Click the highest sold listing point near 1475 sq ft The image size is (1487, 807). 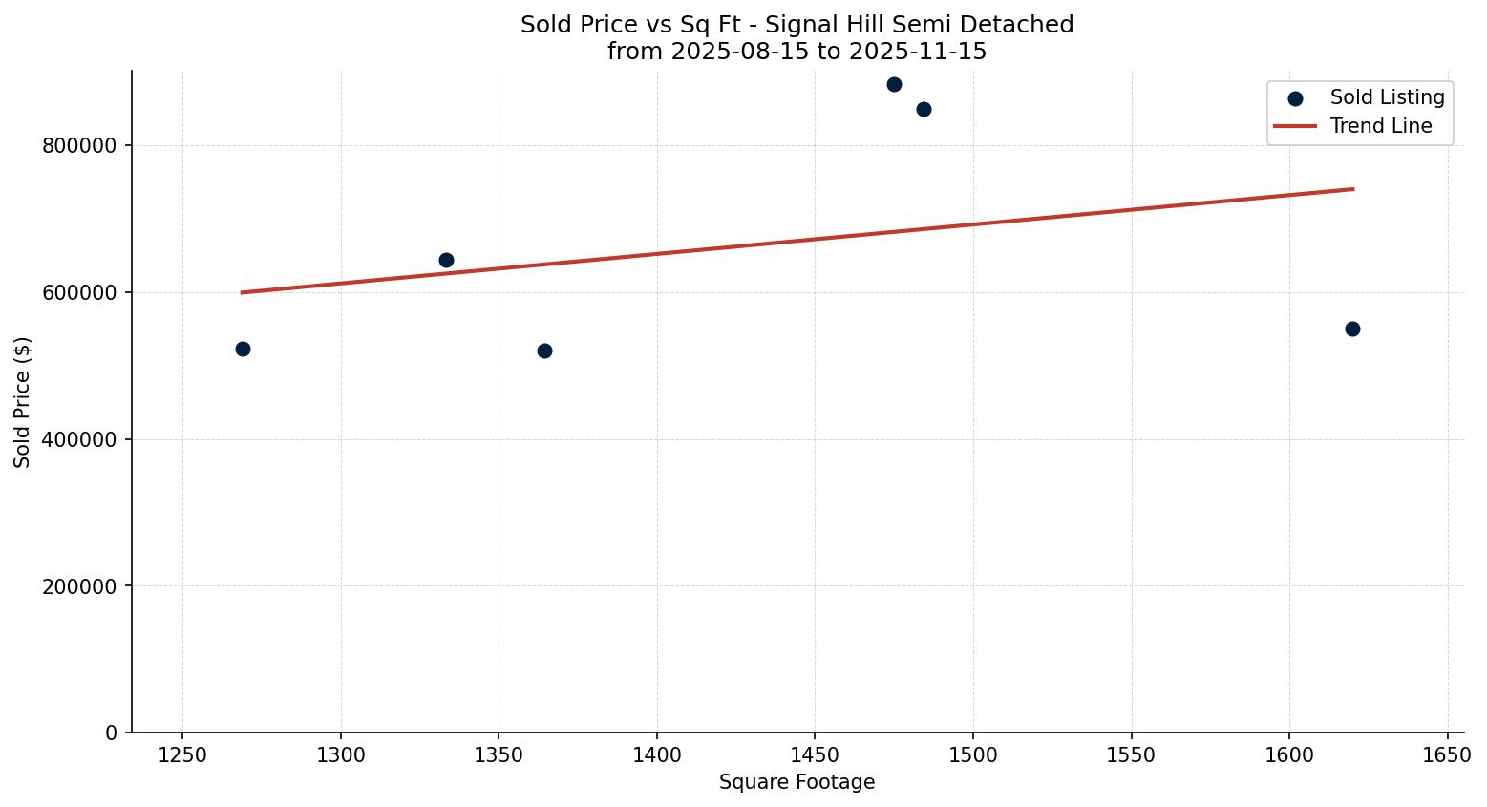(x=894, y=84)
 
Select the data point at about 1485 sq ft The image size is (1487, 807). (x=924, y=109)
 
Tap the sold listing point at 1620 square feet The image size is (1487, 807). (x=1352, y=329)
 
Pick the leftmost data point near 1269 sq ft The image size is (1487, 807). (x=243, y=349)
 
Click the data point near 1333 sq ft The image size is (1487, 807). (x=446, y=260)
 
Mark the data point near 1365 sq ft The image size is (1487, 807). (x=544, y=350)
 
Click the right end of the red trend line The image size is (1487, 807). (x=1352, y=189)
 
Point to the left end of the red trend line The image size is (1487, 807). (x=243, y=292)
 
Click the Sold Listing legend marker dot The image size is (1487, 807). (x=1295, y=98)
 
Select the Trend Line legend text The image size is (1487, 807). (x=1381, y=126)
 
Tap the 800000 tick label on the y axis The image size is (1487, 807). (x=79, y=146)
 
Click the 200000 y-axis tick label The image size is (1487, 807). (x=79, y=586)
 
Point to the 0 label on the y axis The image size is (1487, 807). (x=112, y=733)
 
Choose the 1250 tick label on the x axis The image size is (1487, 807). (x=182, y=754)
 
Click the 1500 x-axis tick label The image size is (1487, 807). (x=973, y=754)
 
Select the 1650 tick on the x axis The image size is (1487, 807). (x=1448, y=754)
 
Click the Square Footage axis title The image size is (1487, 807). (x=797, y=783)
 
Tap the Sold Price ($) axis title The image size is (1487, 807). (x=22, y=402)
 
